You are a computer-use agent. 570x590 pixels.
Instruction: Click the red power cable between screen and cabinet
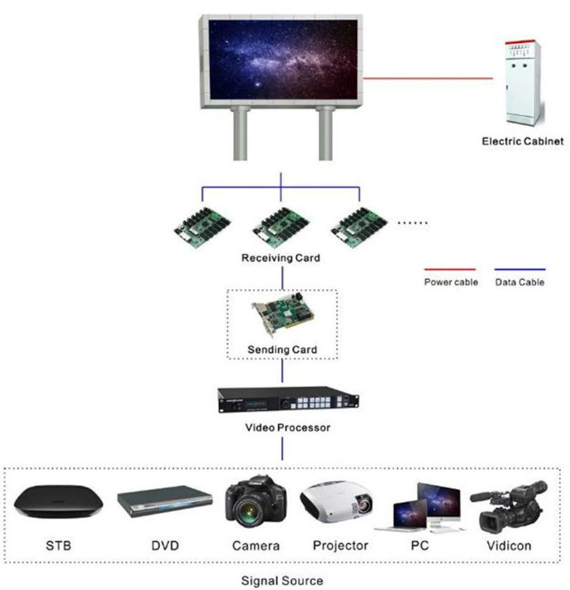(427, 79)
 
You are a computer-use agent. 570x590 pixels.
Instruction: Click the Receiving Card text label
(280, 258)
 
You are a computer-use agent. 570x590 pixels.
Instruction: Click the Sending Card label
(282, 350)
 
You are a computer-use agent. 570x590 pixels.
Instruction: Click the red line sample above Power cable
(451, 269)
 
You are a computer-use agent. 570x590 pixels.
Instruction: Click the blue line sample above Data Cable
(520, 269)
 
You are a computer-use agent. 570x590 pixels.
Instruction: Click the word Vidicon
(509, 545)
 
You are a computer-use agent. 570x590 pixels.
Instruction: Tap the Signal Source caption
(282, 581)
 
